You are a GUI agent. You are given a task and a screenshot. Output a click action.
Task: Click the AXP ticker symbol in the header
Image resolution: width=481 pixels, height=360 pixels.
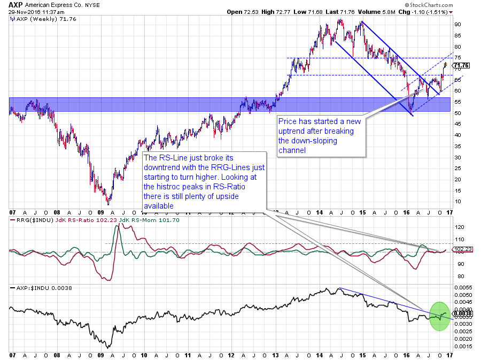(15, 4)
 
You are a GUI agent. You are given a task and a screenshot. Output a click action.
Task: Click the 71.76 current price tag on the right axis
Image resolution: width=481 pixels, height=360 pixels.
(461, 66)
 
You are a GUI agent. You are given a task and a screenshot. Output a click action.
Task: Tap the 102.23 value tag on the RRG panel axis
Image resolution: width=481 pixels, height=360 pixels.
(461, 249)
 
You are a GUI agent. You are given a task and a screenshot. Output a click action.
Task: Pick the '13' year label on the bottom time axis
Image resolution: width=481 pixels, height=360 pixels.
(275, 355)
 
